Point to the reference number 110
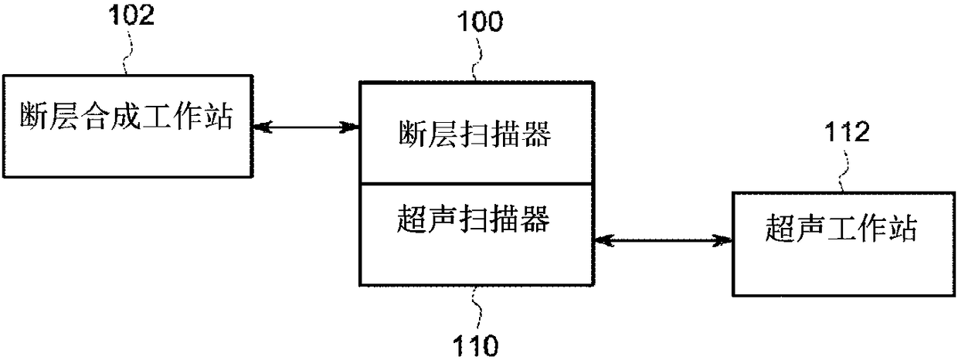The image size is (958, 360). click(x=477, y=343)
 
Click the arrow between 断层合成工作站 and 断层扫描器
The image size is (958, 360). click(x=306, y=126)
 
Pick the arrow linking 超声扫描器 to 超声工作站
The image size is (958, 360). click(x=663, y=241)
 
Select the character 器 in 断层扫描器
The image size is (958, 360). click(x=538, y=136)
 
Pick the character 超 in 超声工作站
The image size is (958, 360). click(x=781, y=229)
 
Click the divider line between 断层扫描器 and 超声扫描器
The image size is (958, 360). click(x=477, y=184)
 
